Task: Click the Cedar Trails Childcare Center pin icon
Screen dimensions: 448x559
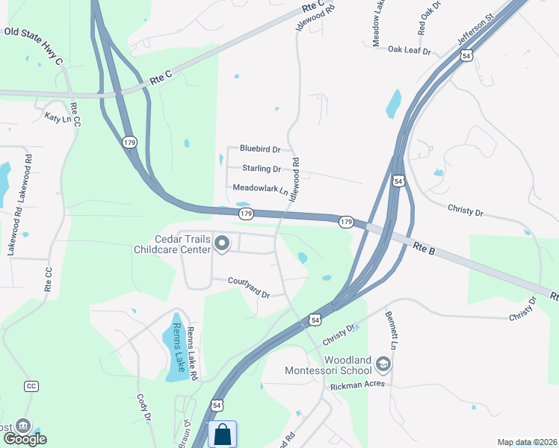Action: click(222, 243)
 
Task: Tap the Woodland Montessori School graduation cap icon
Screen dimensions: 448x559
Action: click(383, 364)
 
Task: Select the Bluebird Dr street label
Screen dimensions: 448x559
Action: click(260, 149)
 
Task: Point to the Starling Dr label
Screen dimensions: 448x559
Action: click(261, 169)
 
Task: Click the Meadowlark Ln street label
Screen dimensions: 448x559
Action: click(261, 188)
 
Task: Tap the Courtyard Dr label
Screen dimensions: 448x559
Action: click(249, 287)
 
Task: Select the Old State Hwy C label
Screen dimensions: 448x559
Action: click(34, 37)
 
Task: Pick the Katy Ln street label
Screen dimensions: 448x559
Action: click(62, 118)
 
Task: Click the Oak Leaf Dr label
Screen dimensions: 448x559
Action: click(410, 51)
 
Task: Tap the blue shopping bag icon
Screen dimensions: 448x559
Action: click(223, 434)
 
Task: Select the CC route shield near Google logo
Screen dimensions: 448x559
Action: click(31, 386)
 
